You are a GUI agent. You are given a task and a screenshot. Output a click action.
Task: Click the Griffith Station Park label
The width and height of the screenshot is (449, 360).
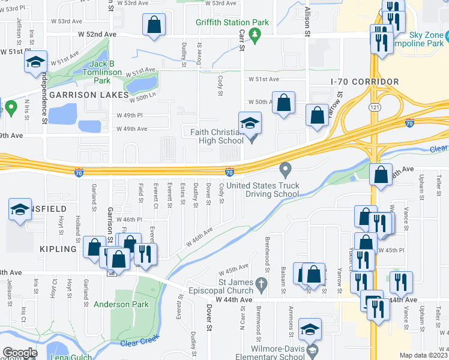point(232,22)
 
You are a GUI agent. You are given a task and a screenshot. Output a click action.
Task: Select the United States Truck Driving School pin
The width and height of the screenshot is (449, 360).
point(286,171)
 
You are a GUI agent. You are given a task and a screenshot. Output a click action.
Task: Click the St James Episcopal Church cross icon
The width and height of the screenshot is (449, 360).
point(261,283)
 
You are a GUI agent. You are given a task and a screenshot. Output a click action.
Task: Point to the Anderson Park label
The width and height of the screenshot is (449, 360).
point(121,304)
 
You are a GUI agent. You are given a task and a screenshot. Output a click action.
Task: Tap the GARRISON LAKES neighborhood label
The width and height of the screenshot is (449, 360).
point(89,95)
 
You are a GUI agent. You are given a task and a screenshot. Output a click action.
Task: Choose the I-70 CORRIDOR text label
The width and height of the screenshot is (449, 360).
point(364,81)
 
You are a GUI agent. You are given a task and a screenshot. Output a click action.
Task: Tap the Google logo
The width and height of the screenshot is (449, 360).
point(20,353)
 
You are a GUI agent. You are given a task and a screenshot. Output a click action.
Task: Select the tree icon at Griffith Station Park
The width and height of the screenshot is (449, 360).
point(255,36)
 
